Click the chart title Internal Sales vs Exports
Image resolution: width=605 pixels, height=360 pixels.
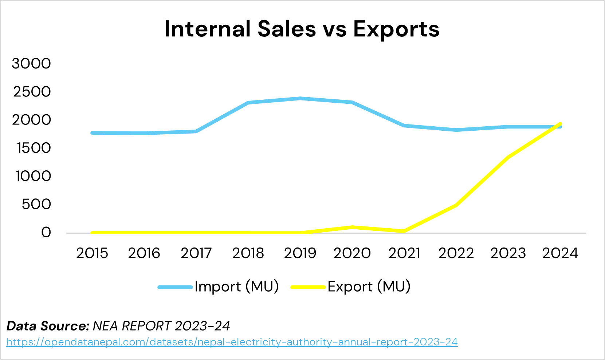pos(302,29)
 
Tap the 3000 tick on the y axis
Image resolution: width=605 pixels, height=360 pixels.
pos(31,64)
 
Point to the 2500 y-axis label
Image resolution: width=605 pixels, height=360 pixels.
pos(32,92)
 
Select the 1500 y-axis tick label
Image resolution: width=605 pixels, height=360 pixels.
pos(33,148)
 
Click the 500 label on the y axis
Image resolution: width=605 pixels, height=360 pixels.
pos(36,204)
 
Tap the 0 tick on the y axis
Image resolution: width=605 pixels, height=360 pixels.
pos(46,232)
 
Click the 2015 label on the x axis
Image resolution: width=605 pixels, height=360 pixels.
pos(92,253)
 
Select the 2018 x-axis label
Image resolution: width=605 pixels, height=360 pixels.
pos(248,253)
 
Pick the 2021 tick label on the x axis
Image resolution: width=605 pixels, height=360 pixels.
pos(404,253)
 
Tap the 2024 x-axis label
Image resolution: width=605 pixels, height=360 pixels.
pos(560,253)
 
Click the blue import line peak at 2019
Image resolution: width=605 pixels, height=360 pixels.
pos(300,98)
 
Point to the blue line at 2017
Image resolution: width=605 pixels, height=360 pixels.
pos(196,131)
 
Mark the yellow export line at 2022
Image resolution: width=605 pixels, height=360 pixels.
pos(456,205)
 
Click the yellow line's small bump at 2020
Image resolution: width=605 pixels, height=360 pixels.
pos(352,228)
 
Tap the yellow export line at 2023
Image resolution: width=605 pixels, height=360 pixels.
pos(508,157)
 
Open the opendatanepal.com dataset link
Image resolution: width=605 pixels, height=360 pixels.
pos(232,342)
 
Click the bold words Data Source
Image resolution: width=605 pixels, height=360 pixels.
pos(48,326)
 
